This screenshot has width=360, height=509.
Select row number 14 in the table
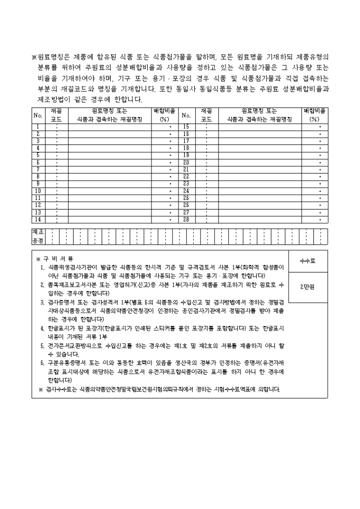38,219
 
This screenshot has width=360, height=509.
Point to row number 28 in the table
186,219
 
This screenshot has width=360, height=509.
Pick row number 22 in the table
186,176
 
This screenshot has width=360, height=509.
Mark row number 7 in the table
38,169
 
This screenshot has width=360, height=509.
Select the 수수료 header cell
308,261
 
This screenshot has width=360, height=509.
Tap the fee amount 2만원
308,287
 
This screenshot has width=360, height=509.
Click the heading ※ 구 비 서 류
55,259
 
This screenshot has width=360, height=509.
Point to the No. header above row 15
186,115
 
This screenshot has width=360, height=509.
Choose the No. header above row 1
38,115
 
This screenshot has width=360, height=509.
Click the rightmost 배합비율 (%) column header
314,115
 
